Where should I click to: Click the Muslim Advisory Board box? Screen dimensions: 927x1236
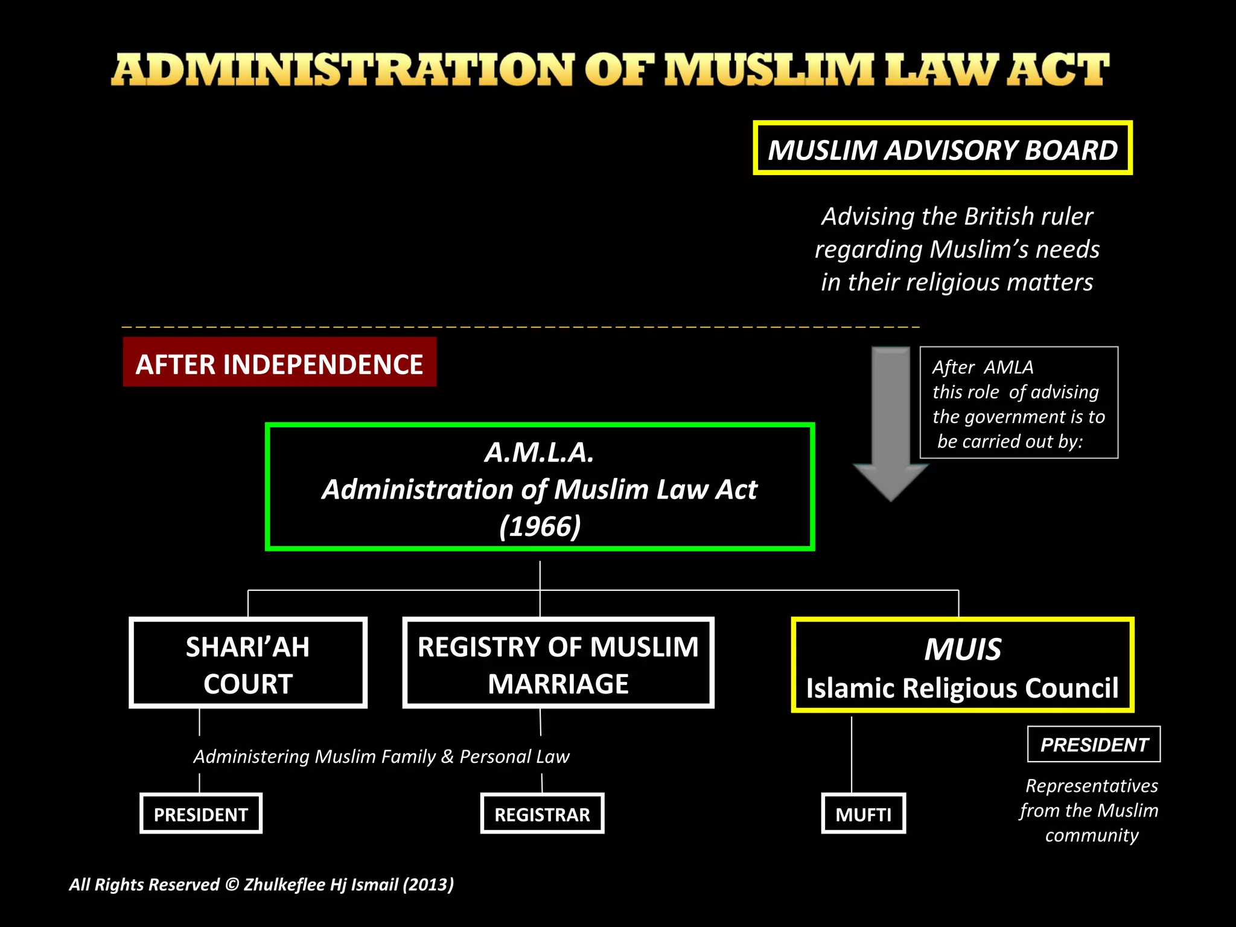(942, 148)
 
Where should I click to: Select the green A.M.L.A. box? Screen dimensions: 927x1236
(540, 487)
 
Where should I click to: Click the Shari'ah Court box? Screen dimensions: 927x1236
(248, 663)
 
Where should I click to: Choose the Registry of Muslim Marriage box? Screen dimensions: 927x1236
(558, 663)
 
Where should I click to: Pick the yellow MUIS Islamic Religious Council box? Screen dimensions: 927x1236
(962, 665)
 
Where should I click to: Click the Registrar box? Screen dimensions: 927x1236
(542, 814)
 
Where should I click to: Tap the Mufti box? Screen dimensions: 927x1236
(863, 814)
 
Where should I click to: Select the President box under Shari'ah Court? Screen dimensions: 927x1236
(201, 814)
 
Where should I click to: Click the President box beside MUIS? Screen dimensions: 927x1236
(1094, 744)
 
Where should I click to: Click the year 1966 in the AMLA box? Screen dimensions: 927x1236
(540, 526)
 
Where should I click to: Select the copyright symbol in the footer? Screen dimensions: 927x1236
(232, 884)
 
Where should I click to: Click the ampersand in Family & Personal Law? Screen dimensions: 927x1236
(447, 756)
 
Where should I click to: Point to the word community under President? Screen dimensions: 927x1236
(1092, 835)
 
